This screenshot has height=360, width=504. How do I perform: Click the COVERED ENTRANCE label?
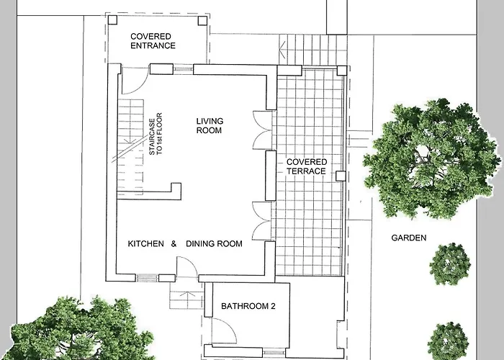(153, 41)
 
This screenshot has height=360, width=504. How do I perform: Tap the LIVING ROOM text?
(210, 126)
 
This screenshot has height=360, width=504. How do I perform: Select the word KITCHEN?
(146, 243)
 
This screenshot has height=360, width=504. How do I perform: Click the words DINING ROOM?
(214, 243)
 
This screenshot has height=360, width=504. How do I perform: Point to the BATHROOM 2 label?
(248, 306)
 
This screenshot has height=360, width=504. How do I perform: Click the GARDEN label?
(409, 238)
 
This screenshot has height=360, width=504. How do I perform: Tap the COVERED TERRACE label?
(307, 166)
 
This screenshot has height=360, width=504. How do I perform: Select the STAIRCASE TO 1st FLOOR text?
(156, 134)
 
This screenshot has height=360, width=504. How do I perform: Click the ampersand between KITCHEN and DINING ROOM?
(174, 243)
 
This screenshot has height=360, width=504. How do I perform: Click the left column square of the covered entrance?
(112, 20)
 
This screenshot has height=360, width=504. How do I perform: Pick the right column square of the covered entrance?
(202, 21)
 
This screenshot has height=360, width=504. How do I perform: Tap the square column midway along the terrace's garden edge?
(341, 176)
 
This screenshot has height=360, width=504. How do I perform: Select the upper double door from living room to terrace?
(263, 130)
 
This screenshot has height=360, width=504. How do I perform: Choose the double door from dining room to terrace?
(263, 221)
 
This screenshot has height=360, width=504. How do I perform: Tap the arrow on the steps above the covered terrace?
(282, 50)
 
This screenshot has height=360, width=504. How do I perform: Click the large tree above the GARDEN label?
(431, 158)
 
